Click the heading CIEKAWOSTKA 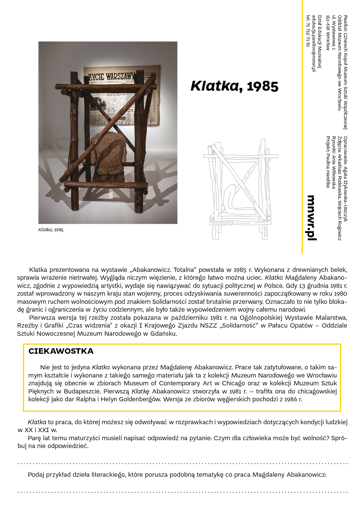coord(61,351)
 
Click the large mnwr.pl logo coord(312,218)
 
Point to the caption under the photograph coord(51,230)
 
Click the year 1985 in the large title coord(262,86)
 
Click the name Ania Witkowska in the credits coord(334,172)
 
